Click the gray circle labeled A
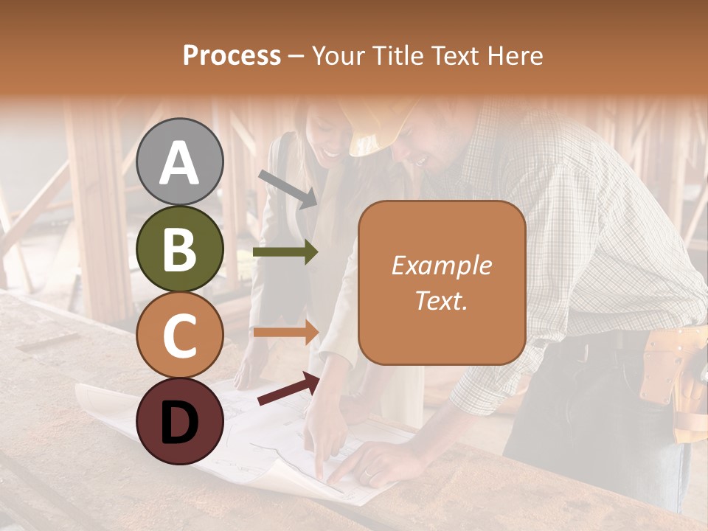180,162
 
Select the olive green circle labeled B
180,249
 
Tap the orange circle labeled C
180,335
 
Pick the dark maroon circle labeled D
180,421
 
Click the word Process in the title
232,55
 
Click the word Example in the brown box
441,265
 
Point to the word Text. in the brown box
441,300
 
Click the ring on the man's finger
367,474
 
